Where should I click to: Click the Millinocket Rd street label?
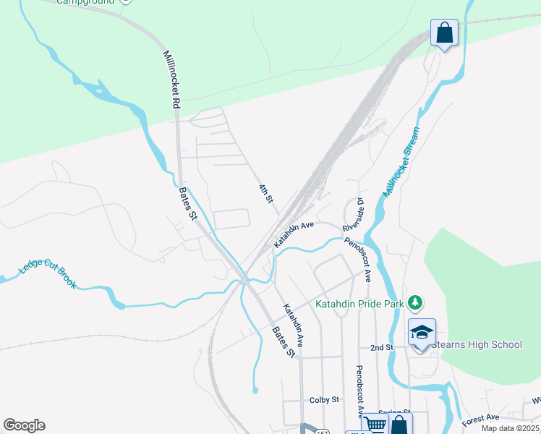click(171, 80)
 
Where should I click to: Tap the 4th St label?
click(265, 193)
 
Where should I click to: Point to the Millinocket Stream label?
click(402, 163)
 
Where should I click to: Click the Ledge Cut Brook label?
click(48, 274)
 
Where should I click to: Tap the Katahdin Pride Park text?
click(359, 305)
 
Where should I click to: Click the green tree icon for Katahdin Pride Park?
click(415, 302)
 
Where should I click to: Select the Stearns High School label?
click(476, 344)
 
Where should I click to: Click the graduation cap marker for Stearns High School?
click(422, 333)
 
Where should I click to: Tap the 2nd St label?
click(381, 348)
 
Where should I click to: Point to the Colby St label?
click(324, 400)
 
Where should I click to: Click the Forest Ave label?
click(481, 418)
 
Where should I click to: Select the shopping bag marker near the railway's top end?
click(444, 33)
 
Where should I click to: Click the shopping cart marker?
click(374, 424)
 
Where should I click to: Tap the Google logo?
click(24, 425)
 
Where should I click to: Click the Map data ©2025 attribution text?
click(510, 428)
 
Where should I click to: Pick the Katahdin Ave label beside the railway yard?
click(294, 235)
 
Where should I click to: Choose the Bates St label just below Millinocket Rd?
click(188, 204)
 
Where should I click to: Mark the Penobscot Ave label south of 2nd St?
click(359, 391)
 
